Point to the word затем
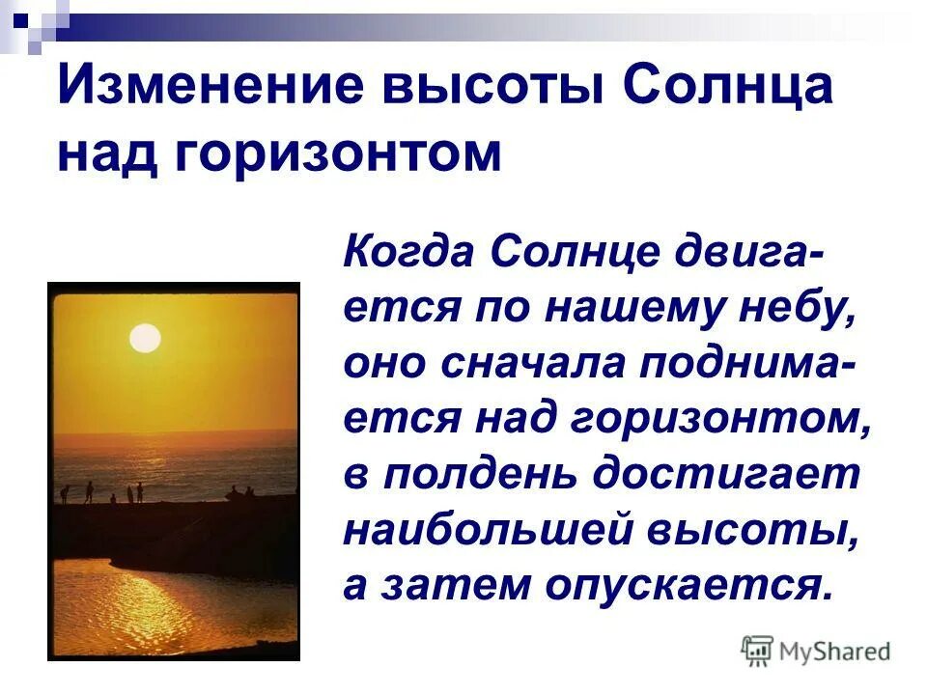[x=453, y=585]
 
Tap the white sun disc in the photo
[x=145, y=338]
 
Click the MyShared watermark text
[x=834, y=652]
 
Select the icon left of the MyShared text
[x=757, y=652]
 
